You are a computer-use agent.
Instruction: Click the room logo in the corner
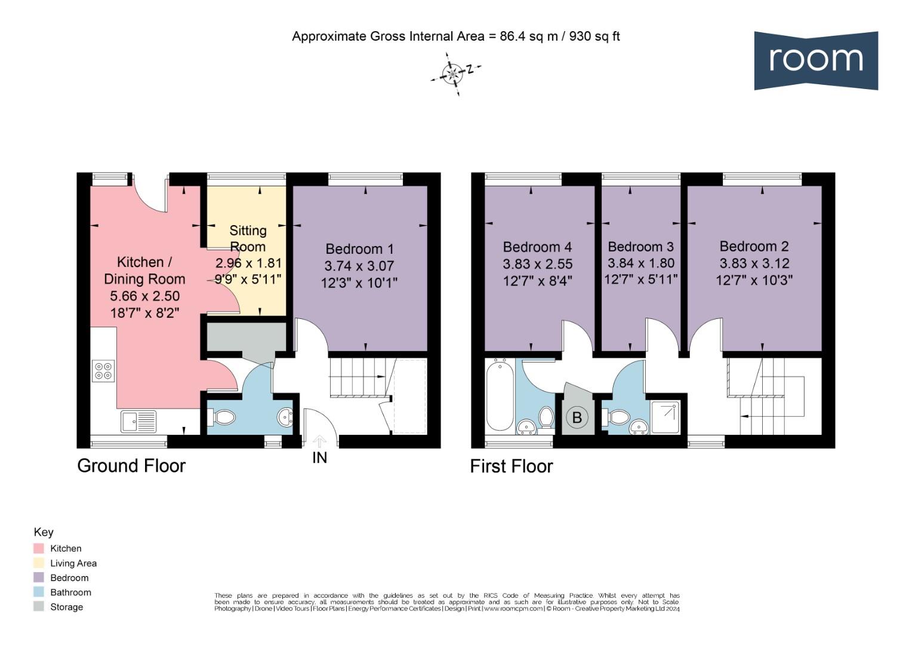coord(815,60)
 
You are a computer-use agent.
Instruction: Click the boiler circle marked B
coord(577,417)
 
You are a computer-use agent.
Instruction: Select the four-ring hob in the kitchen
coord(103,371)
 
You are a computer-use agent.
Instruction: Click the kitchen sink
coord(138,421)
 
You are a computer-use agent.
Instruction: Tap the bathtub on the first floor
coord(500,395)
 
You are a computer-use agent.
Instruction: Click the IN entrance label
coord(320,458)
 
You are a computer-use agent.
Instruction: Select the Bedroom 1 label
coord(359,249)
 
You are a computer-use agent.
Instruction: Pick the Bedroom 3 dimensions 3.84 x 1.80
coord(641,263)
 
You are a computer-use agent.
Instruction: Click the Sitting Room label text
coord(248,238)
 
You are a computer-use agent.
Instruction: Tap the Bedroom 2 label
coord(754,247)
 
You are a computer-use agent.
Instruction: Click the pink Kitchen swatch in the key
coord(39,548)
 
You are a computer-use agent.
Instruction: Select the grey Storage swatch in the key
coord(39,607)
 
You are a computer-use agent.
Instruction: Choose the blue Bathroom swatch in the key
coord(39,592)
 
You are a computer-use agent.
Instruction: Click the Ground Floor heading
coord(131,466)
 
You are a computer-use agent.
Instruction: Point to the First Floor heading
coord(512,466)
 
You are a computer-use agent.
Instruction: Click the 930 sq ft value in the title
coord(594,36)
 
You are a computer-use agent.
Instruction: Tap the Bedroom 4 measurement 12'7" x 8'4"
coord(537,280)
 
